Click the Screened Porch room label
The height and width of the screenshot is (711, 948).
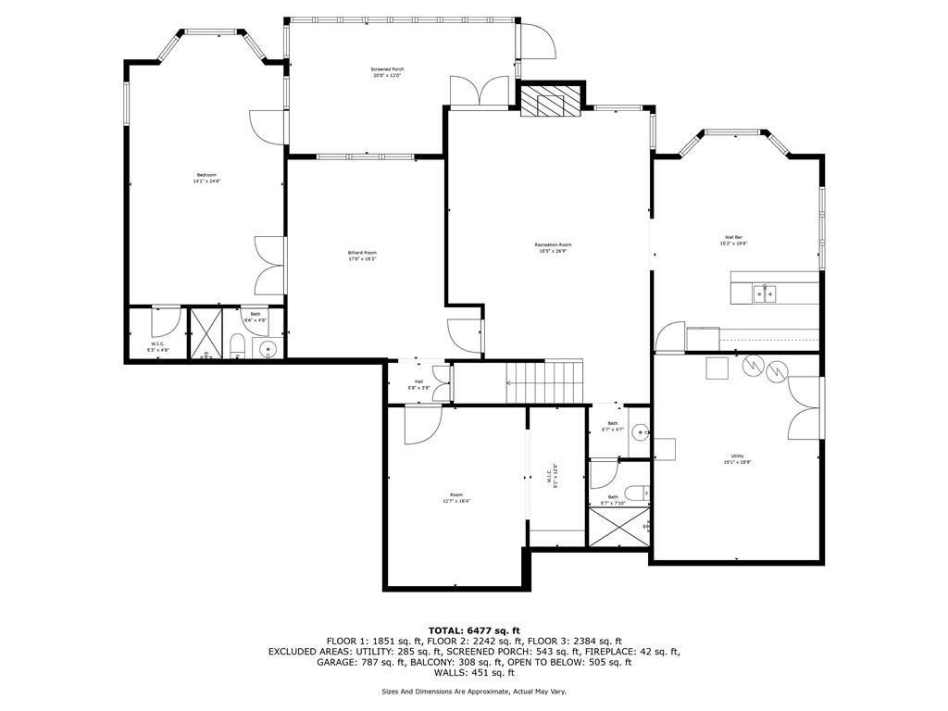click(387, 72)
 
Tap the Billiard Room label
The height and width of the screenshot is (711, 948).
click(362, 256)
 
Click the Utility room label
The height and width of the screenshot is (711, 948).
click(737, 459)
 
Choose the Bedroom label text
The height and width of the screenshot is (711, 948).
click(206, 178)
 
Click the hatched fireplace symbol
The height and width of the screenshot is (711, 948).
click(550, 101)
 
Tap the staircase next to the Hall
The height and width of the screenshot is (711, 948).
click(544, 381)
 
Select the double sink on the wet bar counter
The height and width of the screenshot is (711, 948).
click(764, 294)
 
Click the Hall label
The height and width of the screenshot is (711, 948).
click(418, 384)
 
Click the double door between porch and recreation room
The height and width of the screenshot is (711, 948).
click(479, 93)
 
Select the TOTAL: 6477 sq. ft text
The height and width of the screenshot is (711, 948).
click(473, 630)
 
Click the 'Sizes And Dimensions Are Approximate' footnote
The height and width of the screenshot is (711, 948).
click(473, 692)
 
